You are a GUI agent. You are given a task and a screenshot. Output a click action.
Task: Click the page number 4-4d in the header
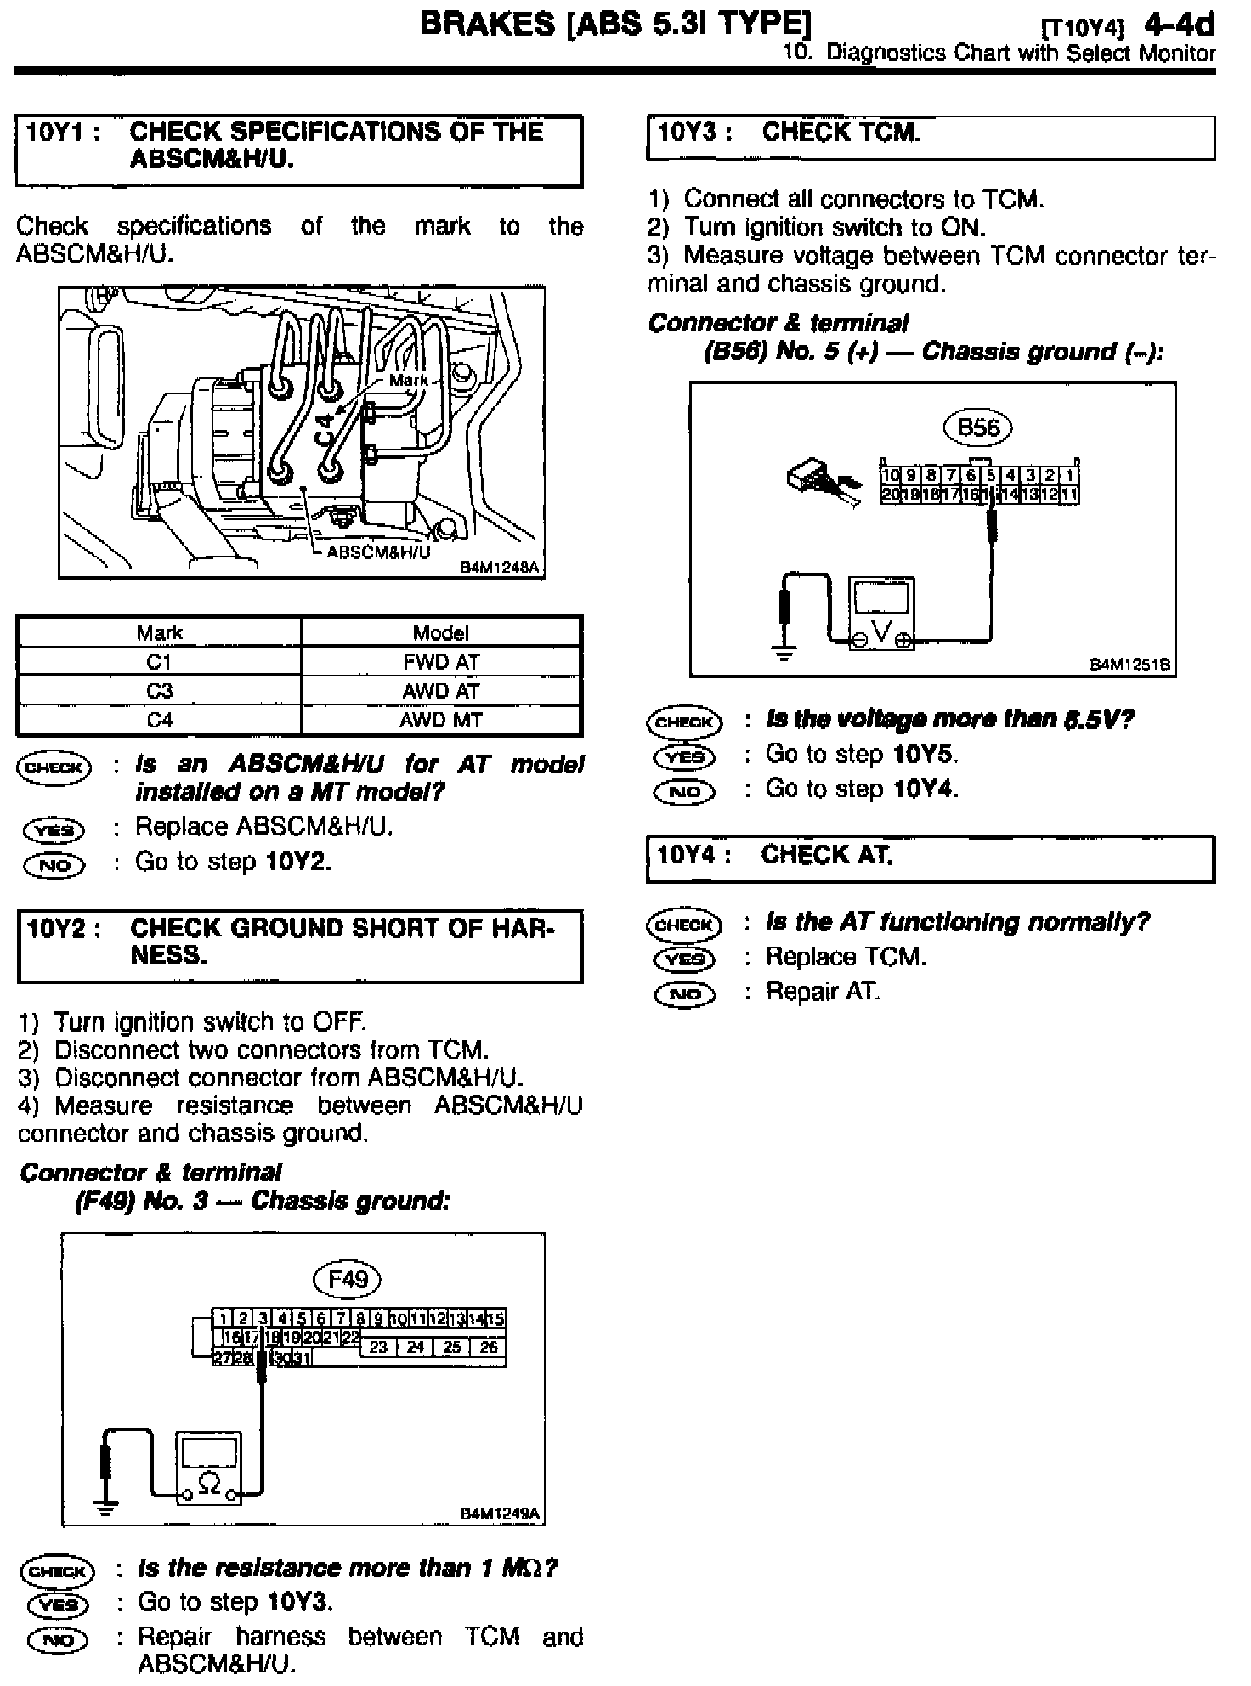[x=1179, y=25]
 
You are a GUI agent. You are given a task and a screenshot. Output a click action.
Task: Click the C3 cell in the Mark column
[x=159, y=691]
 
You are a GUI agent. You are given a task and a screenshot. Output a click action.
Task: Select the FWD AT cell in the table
[x=440, y=662]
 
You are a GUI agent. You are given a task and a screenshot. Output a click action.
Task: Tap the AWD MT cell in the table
[x=440, y=721]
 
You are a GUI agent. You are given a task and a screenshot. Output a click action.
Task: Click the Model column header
[x=440, y=632]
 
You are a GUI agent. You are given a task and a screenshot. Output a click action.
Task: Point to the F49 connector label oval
[x=347, y=1279]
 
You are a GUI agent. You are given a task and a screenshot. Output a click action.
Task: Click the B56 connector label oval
[x=977, y=427]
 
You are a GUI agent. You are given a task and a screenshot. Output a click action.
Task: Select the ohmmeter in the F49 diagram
[x=208, y=1468]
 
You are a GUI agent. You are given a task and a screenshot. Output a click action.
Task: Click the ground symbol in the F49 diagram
[x=105, y=1508]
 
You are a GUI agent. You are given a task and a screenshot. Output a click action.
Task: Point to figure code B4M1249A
[x=499, y=1513]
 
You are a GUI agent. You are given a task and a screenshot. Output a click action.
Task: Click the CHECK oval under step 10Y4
[x=684, y=924]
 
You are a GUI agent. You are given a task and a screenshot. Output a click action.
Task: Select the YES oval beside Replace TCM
[x=684, y=959]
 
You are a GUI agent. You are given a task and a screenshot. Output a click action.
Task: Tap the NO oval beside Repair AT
[x=684, y=993]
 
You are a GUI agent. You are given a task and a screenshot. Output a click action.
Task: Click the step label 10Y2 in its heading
[x=57, y=929]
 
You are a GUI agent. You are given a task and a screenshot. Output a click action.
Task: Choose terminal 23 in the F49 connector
[x=378, y=1347]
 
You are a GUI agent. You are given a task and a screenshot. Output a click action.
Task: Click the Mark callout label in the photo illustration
[x=408, y=380]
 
